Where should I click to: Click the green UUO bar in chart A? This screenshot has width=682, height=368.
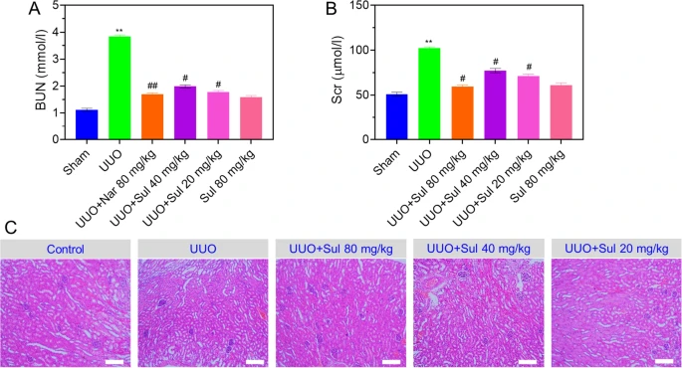pos(119,88)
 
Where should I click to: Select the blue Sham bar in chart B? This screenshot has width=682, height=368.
pos(396,117)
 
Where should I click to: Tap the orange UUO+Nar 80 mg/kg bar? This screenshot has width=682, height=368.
pos(152,117)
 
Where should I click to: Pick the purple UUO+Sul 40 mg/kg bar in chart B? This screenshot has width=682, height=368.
pos(495,105)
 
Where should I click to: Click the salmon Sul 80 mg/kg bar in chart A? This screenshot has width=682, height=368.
pos(251,118)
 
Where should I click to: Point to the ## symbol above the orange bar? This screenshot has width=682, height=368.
pos(152,86)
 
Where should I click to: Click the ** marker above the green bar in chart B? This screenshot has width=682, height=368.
pos(429,43)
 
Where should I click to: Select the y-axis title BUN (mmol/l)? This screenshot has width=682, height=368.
pos(42,72)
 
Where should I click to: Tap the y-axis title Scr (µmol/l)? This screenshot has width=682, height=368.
pos(338,70)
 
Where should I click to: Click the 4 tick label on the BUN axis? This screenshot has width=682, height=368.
pos(56,32)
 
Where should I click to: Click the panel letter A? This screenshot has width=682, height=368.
pos(34,8)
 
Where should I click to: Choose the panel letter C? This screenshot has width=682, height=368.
pos(11,227)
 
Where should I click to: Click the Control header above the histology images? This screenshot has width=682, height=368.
pos(66,250)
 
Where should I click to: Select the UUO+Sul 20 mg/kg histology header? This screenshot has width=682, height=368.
pos(616,249)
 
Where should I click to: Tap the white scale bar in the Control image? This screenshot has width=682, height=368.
pos(114,361)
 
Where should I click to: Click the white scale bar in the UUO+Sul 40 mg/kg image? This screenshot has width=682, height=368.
pos(527,361)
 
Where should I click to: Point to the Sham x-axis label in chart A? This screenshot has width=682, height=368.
pos(78,162)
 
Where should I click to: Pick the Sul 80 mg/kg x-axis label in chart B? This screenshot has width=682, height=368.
pos(538,175)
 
